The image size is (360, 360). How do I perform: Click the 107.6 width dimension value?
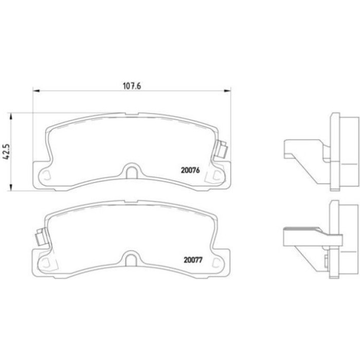click(132, 86)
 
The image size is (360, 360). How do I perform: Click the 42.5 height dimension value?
click(6, 152)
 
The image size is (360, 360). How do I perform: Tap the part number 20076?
click(190, 170)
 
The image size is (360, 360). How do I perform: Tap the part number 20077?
click(193, 260)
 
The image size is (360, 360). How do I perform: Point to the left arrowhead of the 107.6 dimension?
click(37, 91)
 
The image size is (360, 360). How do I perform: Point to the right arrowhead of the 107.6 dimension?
click(227, 91)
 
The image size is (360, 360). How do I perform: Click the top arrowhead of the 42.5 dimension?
click(10, 116)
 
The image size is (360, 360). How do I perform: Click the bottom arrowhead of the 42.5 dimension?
click(10, 187)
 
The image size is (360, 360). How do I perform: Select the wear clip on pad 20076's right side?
click(221, 149)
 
